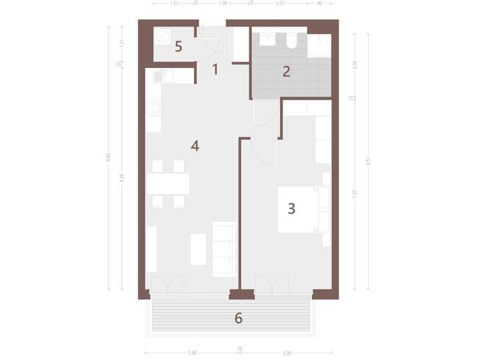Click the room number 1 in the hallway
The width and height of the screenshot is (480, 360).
tap(215, 67)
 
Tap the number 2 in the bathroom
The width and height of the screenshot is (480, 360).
tap(286, 72)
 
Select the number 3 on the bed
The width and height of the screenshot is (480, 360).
tap(291, 209)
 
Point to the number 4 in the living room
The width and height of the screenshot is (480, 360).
tap(195, 146)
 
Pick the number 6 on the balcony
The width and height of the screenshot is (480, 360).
tap(238, 318)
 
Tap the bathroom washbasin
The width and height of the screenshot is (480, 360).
tap(267, 38)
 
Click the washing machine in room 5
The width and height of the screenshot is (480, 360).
tap(162, 38)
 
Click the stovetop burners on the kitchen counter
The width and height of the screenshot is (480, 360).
tap(153, 107)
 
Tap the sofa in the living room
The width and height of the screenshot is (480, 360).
tap(224, 249)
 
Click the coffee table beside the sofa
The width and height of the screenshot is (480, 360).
tap(199, 249)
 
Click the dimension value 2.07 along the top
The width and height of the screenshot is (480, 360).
tap(279, 3)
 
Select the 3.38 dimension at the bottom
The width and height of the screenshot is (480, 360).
tap(286, 353)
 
